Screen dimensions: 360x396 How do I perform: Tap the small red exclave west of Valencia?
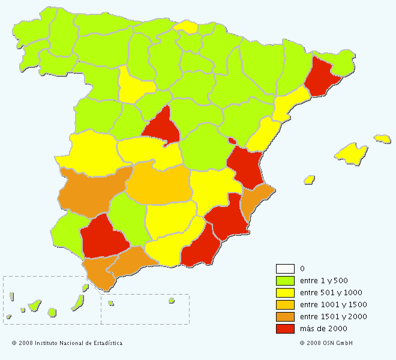[232, 141]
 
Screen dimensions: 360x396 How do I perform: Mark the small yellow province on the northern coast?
[187, 26]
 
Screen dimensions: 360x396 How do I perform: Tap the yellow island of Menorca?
[382, 139]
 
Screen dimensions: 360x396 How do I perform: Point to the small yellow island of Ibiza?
[310, 179]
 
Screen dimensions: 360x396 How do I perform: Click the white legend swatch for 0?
[285, 269]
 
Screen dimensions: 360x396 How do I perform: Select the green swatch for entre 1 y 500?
[285, 281]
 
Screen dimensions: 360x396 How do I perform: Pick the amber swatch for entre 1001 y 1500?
[285, 305]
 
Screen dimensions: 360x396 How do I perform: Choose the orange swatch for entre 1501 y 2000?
[285, 317]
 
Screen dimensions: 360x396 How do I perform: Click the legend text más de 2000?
[323, 329]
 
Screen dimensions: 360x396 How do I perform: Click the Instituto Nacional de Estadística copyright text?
[67, 343]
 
